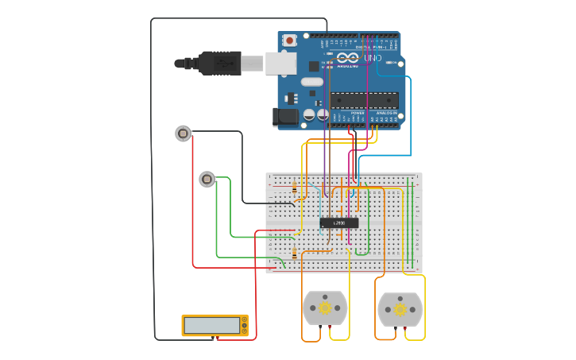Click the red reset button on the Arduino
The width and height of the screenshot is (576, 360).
click(290, 40)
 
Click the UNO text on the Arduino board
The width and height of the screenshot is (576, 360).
click(373, 59)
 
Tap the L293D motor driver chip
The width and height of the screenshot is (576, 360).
click(339, 223)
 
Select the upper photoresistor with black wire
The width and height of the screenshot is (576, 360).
click(184, 134)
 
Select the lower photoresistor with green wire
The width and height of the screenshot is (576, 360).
click(207, 180)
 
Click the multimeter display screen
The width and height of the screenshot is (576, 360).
click(212, 325)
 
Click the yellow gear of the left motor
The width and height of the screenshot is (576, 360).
click(325, 308)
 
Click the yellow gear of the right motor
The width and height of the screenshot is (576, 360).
click(400, 309)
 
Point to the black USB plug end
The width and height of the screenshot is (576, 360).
click(218, 63)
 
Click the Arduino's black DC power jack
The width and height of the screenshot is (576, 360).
click(284, 118)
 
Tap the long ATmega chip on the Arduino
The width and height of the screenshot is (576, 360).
click(365, 100)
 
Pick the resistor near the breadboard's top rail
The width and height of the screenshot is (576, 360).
click(296, 189)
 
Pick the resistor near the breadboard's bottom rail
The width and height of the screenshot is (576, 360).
click(296, 254)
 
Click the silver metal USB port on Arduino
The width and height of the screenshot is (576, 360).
click(280, 64)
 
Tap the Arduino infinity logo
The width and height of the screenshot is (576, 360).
click(347, 58)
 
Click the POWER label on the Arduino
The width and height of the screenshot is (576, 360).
click(357, 113)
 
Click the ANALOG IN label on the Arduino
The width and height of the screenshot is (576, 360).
click(386, 113)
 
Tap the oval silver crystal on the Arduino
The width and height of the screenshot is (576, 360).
click(312, 81)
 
